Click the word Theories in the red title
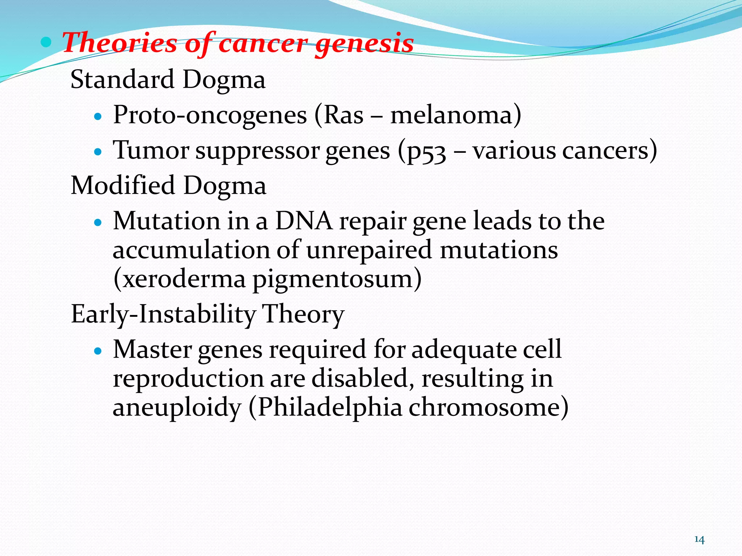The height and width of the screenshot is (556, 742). pyautogui.click(x=120, y=43)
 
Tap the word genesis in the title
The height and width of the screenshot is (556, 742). pyautogui.click(x=364, y=43)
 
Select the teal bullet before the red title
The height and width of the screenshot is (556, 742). pyautogui.click(x=46, y=42)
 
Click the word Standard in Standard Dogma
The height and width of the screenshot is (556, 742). pyautogui.click(x=122, y=79)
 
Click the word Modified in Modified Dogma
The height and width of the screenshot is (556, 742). pyautogui.click(x=123, y=185)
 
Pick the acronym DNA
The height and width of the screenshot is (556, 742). pyautogui.click(x=304, y=221)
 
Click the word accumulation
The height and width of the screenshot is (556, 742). pyautogui.click(x=191, y=250)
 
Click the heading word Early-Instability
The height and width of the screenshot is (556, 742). pyautogui.click(x=163, y=314)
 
